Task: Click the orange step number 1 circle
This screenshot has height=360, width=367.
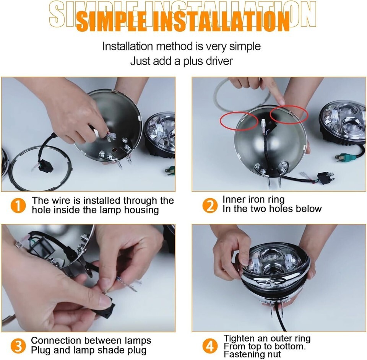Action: tap(18, 205)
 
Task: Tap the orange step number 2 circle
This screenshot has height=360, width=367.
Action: tap(210, 205)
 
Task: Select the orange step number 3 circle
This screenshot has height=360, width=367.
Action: tap(18, 346)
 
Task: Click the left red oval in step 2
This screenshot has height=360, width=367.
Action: tap(239, 120)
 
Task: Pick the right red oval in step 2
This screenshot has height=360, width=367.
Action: tap(289, 114)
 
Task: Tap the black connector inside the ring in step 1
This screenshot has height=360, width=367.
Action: tap(47, 166)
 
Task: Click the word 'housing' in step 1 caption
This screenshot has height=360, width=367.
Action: tap(141, 210)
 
